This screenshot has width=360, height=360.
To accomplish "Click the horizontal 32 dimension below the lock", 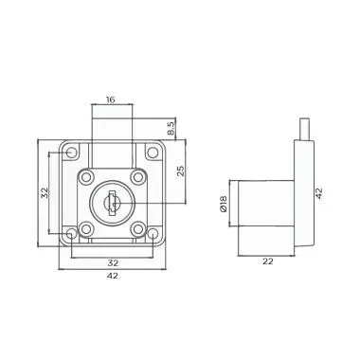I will coord(112,262).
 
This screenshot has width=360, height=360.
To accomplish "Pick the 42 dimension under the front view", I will coord(112,278).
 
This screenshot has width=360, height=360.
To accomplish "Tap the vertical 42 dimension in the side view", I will coord(319,192).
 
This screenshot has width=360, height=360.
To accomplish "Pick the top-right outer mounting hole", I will coord(151,152).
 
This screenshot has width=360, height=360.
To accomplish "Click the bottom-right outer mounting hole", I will coord(151,232).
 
